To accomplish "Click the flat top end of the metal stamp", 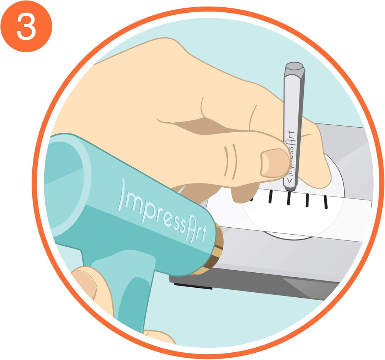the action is click(x=295, y=66).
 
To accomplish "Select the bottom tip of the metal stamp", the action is click(x=290, y=189).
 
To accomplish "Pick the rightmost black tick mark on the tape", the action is click(x=326, y=202).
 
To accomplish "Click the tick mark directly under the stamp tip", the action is click(x=289, y=198).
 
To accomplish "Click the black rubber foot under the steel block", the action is click(x=193, y=286).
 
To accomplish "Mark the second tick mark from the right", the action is click(x=307, y=200).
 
